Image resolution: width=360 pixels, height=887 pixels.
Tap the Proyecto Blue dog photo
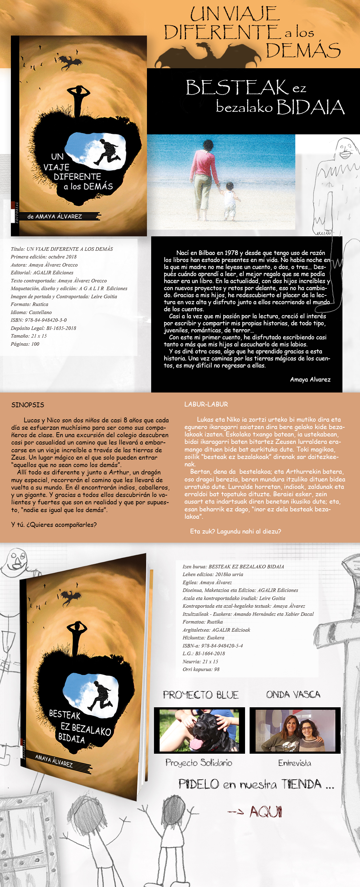point(199,730)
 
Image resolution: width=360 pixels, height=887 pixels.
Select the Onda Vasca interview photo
point(295,730)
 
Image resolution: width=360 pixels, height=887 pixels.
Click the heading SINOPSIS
point(28,405)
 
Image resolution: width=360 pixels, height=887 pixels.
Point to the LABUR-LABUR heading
point(206,404)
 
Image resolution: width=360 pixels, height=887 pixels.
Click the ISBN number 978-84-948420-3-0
point(46,320)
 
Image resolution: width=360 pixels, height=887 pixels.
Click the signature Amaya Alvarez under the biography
point(310,379)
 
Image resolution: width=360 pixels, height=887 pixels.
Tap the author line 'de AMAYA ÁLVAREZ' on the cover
point(54,217)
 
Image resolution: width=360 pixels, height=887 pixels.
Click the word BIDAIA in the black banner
point(310,107)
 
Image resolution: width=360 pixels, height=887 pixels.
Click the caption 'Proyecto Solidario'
point(199,762)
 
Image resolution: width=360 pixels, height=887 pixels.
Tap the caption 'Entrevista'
point(295,763)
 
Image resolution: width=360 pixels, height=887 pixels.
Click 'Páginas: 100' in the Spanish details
point(25,344)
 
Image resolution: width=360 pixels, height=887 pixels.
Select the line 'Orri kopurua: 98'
point(201,669)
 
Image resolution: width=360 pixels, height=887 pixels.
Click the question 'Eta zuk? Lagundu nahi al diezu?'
point(236,531)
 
